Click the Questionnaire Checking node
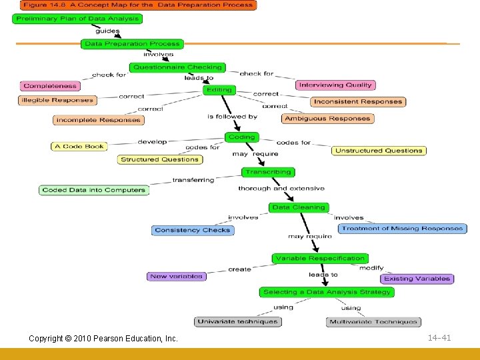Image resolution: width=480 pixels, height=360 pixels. coord(177,67)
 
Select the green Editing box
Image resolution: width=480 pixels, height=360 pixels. coord(219,90)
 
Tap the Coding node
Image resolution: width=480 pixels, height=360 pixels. coord(241,137)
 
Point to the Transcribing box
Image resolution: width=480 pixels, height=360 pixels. coord(268,172)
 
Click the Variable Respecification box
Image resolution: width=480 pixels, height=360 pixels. coord(320,258)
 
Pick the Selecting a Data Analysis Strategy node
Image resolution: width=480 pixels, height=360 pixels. coord(327,292)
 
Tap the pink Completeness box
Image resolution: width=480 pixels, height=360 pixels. coord(50,85)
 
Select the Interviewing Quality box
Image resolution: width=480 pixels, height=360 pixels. coord(335,85)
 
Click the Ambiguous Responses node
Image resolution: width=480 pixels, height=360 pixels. coord(327,119)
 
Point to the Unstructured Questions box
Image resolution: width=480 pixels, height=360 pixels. coord(379,151)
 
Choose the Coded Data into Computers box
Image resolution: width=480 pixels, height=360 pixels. coord(93,190)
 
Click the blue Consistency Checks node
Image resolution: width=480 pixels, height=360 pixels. coord(192,230)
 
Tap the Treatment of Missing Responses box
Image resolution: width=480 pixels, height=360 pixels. coord(403,229)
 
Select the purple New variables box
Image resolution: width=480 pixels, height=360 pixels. coord(176,276)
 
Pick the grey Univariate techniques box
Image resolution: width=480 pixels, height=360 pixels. coord(238,321)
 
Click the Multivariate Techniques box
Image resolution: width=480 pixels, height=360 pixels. coord(373,322)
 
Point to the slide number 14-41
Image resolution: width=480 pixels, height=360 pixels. coord(439,338)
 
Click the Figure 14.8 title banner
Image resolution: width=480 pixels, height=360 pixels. coord(137,5)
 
